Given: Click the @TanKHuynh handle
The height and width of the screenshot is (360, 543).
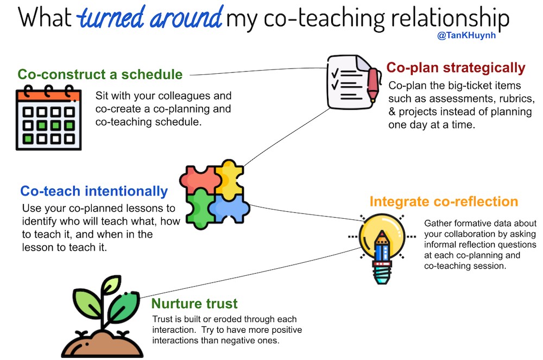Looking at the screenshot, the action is [466, 35].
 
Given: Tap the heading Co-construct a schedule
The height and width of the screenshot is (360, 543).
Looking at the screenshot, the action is [100, 74].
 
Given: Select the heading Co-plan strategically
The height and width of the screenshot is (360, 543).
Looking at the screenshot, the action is [456, 68].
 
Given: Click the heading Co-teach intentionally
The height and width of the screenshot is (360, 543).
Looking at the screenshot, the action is [94, 191].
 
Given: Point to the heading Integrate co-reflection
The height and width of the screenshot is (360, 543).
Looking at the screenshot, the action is [444, 201].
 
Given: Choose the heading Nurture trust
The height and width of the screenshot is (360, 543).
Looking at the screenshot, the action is [194, 304].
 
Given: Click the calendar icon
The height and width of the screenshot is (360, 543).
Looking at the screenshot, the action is [48, 117].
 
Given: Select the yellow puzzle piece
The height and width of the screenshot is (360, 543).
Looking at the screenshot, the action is [229, 179].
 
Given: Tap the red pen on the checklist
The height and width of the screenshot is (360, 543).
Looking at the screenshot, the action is [373, 85].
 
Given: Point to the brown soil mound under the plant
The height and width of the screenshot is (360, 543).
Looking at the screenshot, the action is [102, 344].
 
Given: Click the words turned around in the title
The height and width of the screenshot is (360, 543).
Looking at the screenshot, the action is [150, 17].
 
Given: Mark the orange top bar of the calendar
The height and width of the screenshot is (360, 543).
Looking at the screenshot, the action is [48, 95].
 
